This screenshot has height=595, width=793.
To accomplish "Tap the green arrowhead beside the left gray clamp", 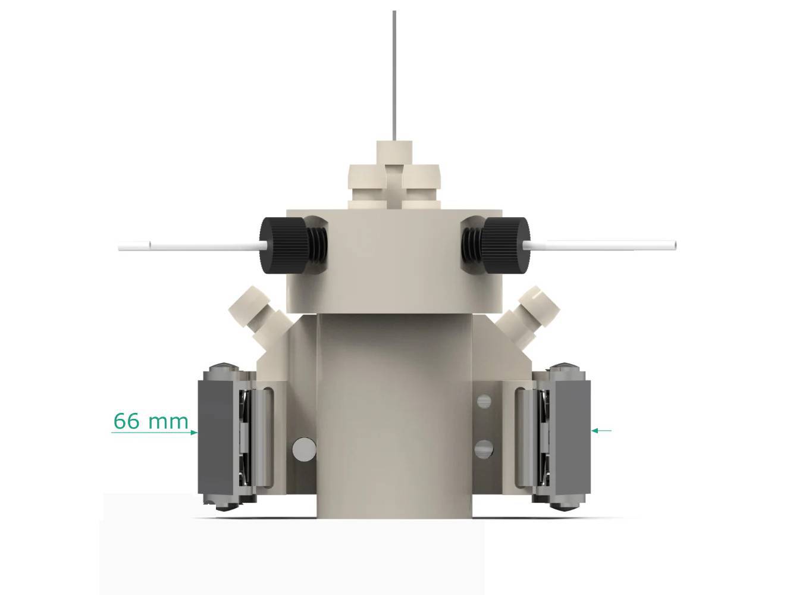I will pyautogui.click(x=193, y=433).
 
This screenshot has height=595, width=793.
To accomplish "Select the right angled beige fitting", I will pyautogui.click(x=532, y=310).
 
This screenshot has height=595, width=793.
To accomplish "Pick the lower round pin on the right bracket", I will pyautogui.click(x=485, y=449).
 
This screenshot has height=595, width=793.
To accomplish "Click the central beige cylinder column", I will pyautogui.click(x=394, y=416).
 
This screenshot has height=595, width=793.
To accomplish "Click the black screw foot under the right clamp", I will pyautogui.click(x=565, y=506).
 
